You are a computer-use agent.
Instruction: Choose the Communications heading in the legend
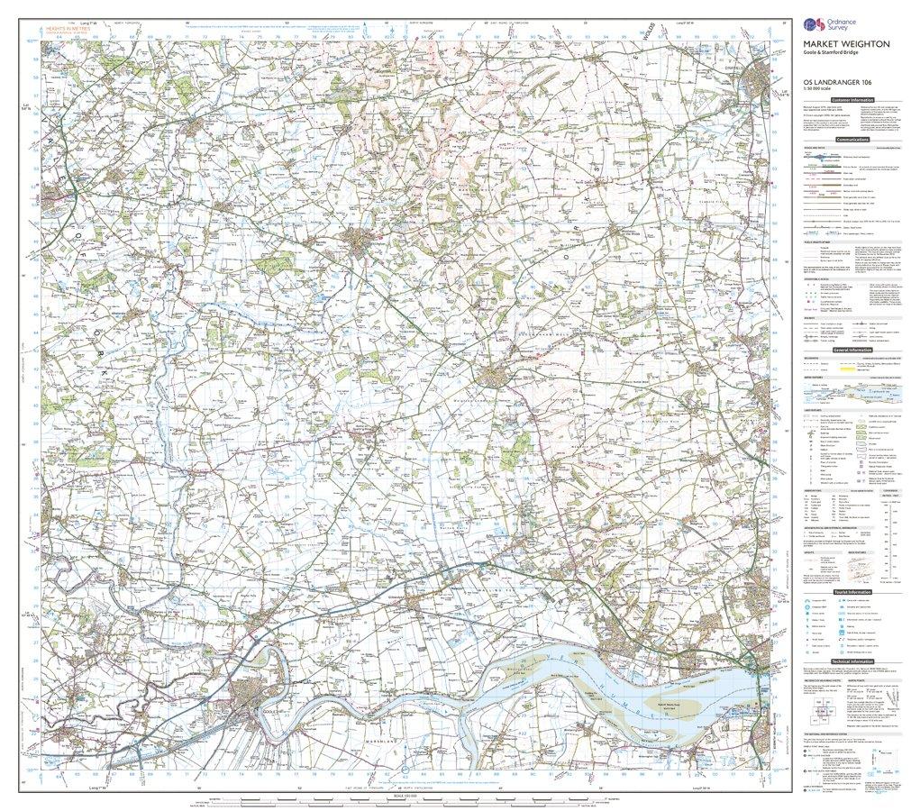click(852, 141)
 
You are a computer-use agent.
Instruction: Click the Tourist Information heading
click(852, 592)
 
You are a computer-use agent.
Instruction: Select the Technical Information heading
click(852, 661)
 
